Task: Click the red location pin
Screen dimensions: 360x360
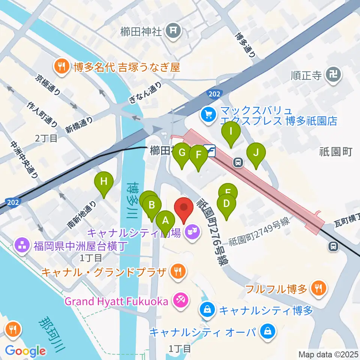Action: point(184,207)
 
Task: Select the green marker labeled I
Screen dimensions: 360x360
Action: point(231,132)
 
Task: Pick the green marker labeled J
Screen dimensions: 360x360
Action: point(256,153)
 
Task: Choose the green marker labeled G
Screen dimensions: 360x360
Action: point(182,153)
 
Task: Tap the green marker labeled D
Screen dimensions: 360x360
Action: point(226,204)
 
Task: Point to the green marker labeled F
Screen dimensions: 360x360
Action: point(198,155)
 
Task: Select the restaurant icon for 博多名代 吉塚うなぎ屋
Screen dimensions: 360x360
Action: point(60,67)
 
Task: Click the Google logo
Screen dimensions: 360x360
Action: point(25,351)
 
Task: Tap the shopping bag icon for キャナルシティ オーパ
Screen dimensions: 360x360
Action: point(267,332)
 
